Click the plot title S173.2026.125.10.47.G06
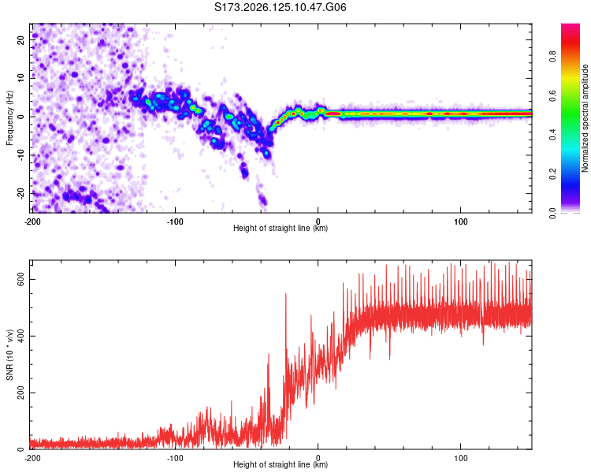click(280, 7)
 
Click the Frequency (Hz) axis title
click(9, 118)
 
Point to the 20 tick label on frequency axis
click(20, 40)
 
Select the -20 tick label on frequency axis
click(20, 193)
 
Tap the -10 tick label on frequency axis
click(20, 155)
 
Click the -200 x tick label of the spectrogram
click(32, 222)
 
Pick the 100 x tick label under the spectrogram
click(461, 222)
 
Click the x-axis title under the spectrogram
click(281, 228)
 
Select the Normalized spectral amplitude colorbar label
click(585, 118)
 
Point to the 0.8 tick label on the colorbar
click(552, 57)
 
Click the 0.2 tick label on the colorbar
click(552, 174)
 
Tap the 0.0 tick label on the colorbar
click(552, 213)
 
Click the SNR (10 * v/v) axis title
click(9, 355)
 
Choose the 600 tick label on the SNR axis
click(20, 280)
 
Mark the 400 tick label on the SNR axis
click(20, 336)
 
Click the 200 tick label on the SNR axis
click(20, 393)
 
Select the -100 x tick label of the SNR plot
click(175, 458)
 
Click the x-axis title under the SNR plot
click(281, 464)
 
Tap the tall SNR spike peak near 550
click(286, 294)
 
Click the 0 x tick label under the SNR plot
click(318, 458)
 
